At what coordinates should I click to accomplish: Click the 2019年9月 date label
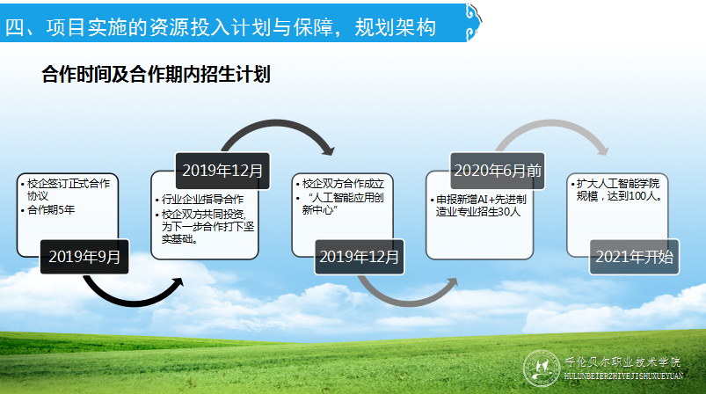[84, 257]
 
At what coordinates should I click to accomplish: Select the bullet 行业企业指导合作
[201, 200]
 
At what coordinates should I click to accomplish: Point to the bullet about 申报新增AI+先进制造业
[477, 205]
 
